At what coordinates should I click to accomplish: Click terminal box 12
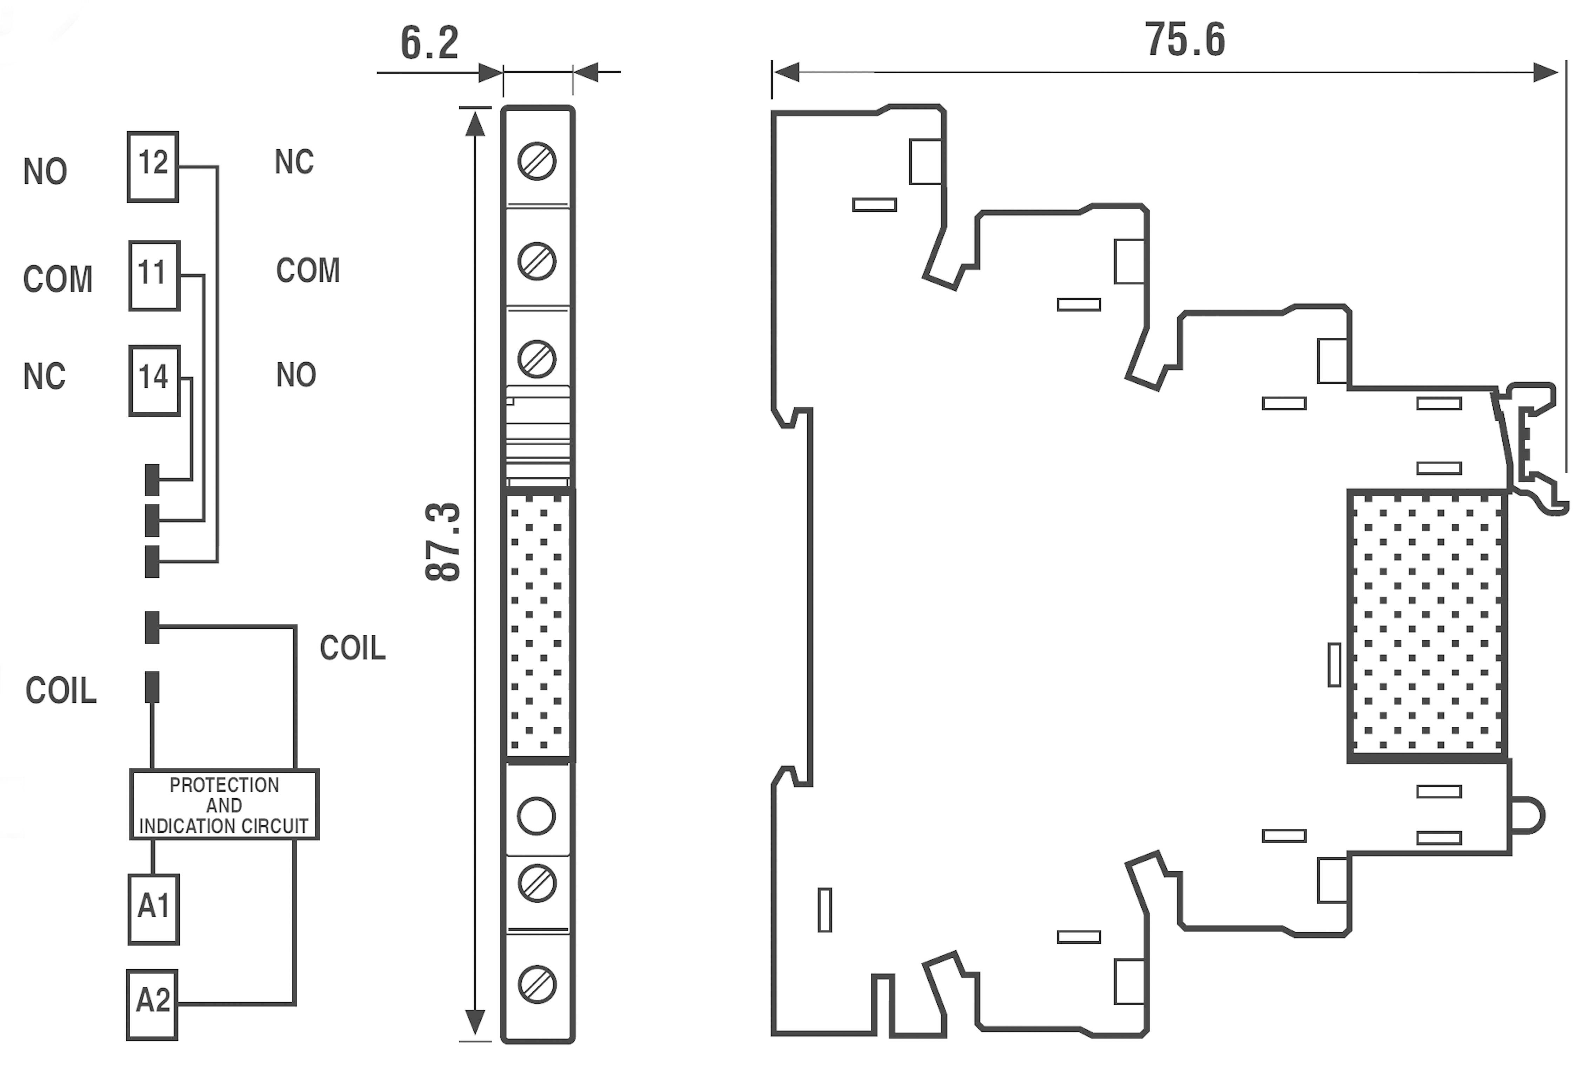tap(153, 166)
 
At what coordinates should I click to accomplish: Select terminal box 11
tap(154, 275)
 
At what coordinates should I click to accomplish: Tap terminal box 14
tap(154, 380)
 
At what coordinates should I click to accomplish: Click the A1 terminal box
tap(154, 909)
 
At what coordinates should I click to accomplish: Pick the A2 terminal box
tap(152, 1004)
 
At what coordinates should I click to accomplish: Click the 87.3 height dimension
tap(443, 542)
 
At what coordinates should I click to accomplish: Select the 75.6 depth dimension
tap(1185, 39)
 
